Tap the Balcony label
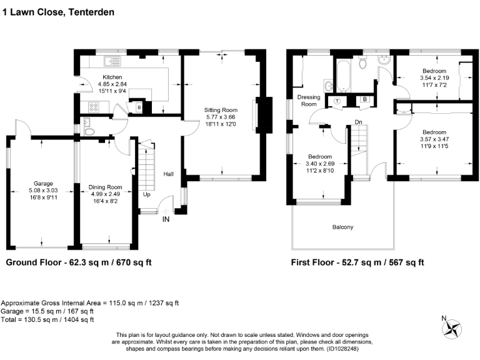click(342, 227)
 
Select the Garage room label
click(43, 183)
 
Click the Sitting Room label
click(222, 109)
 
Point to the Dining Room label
click(105, 187)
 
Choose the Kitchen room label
click(112, 77)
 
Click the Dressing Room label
click(307, 101)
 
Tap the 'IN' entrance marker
click(166, 219)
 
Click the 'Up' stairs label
click(147, 194)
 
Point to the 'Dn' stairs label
click(358, 122)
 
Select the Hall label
click(169, 173)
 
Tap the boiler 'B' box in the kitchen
click(139, 107)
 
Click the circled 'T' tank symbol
click(337, 100)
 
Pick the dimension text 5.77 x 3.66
click(222, 117)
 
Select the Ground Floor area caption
click(78, 263)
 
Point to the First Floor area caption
click(357, 263)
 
